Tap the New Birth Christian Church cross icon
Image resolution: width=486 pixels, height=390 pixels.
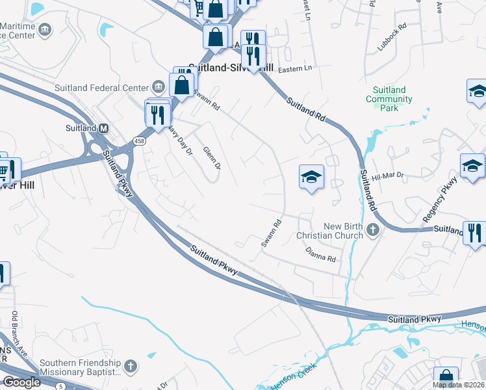click(x=373, y=229)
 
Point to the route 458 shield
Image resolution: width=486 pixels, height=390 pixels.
click(x=138, y=141)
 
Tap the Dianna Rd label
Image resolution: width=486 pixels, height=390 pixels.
click(x=321, y=254)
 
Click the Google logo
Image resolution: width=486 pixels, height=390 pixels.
click(x=21, y=382)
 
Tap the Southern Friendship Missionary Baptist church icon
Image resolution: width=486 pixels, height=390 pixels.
click(x=130, y=367)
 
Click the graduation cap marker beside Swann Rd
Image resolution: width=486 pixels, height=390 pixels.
click(x=311, y=175)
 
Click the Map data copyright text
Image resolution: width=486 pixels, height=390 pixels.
click(x=458, y=385)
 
